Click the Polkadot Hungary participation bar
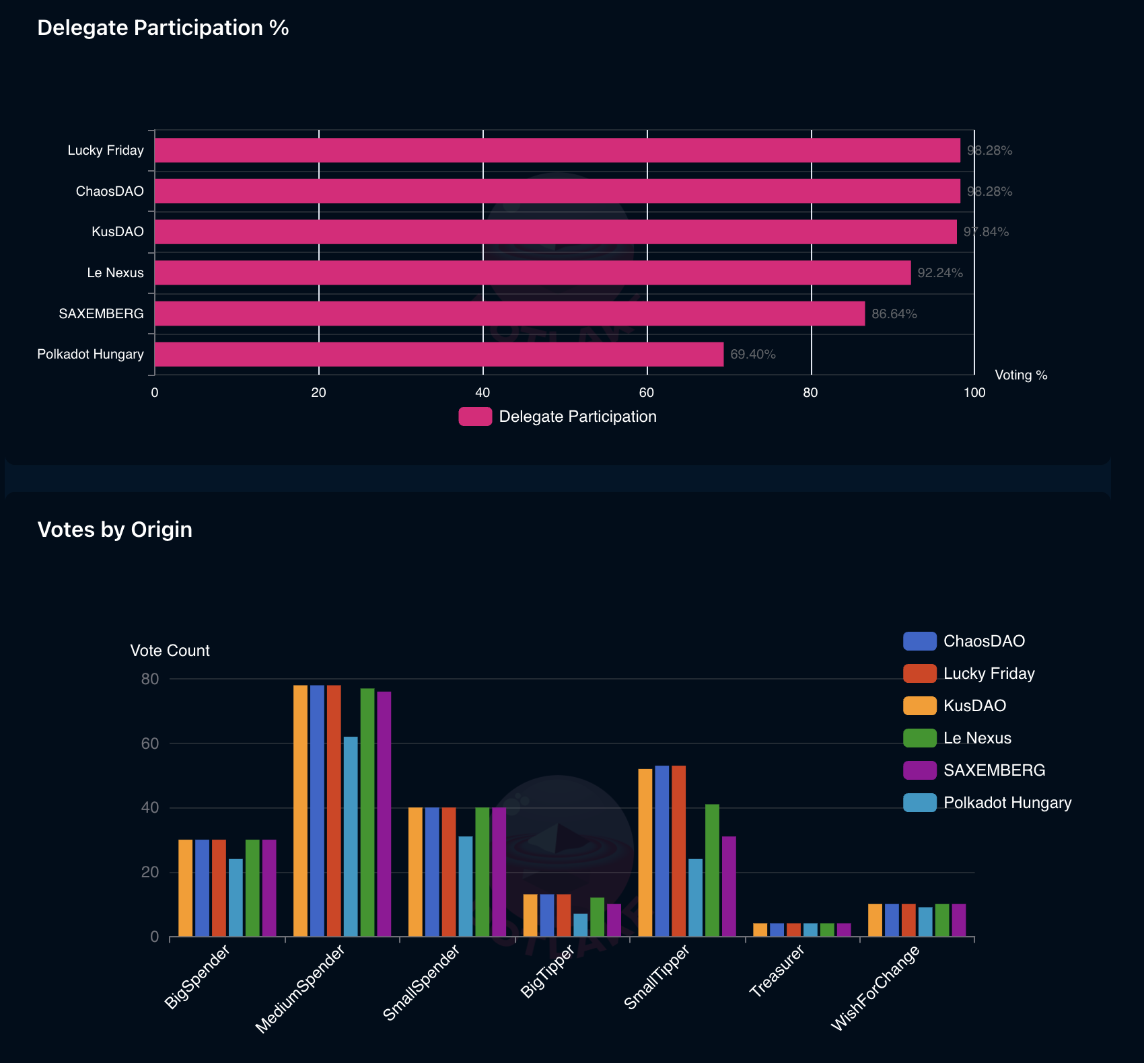[439, 355]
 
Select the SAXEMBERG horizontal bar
[509, 314]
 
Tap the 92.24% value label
[940, 273]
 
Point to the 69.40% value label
[753, 355]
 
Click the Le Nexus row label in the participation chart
[115, 273]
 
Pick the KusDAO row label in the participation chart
[118, 232]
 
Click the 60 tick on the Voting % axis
[647, 393]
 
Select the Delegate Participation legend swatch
[475, 417]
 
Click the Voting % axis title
[1021, 375]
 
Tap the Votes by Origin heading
[115, 530]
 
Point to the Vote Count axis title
[170, 651]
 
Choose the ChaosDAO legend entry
[964, 641]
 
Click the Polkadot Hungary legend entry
[987, 803]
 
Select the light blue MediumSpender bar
[351, 836]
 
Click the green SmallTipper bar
[712, 870]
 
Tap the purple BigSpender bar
[269, 888]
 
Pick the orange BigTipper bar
[530, 916]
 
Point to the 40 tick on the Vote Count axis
[150, 808]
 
